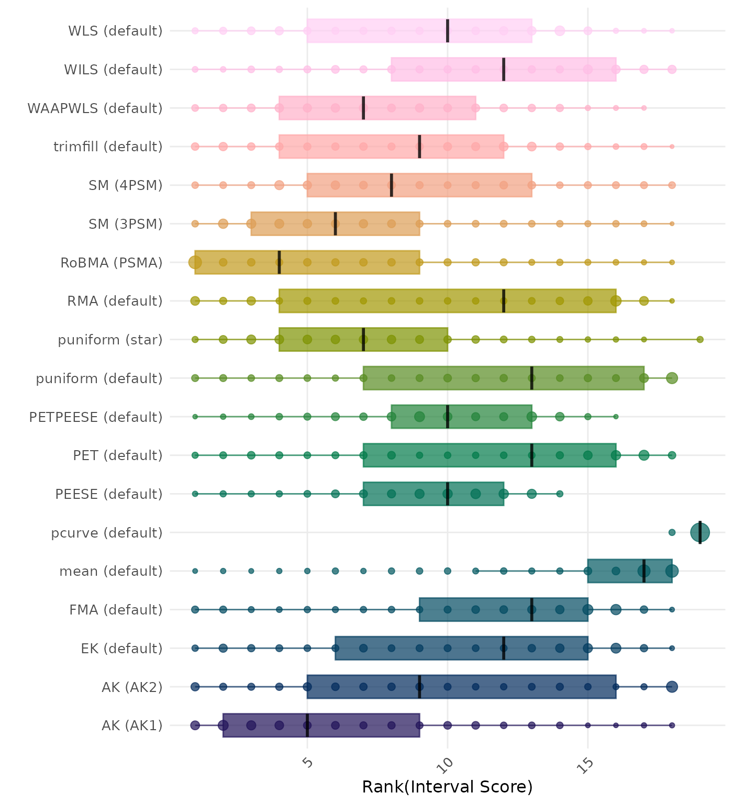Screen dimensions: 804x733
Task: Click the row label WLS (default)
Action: click(115, 31)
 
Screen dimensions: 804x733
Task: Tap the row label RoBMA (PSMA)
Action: click(112, 263)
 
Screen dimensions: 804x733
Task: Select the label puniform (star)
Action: click(110, 340)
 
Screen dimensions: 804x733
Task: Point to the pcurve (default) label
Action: click(107, 533)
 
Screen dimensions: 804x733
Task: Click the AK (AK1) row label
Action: click(132, 726)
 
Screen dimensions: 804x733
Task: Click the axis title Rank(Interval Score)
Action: click(447, 787)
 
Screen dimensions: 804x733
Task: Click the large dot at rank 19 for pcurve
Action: click(700, 533)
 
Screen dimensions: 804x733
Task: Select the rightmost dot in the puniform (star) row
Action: click(700, 340)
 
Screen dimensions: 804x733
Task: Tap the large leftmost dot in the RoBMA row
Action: click(195, 262)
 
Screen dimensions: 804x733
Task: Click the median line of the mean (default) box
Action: click(644, 571)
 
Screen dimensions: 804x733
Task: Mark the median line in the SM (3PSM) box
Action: click(336, 224)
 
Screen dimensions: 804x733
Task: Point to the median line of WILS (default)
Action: click(504, 69)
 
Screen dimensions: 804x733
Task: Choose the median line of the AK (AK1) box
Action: click(307, 725)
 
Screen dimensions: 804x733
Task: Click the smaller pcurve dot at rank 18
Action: click(672, 533)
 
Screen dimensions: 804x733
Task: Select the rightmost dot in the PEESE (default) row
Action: click(560, 494)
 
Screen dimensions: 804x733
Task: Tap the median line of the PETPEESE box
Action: click(448, 417)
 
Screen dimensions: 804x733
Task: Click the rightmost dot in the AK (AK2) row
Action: click(672, 687)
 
